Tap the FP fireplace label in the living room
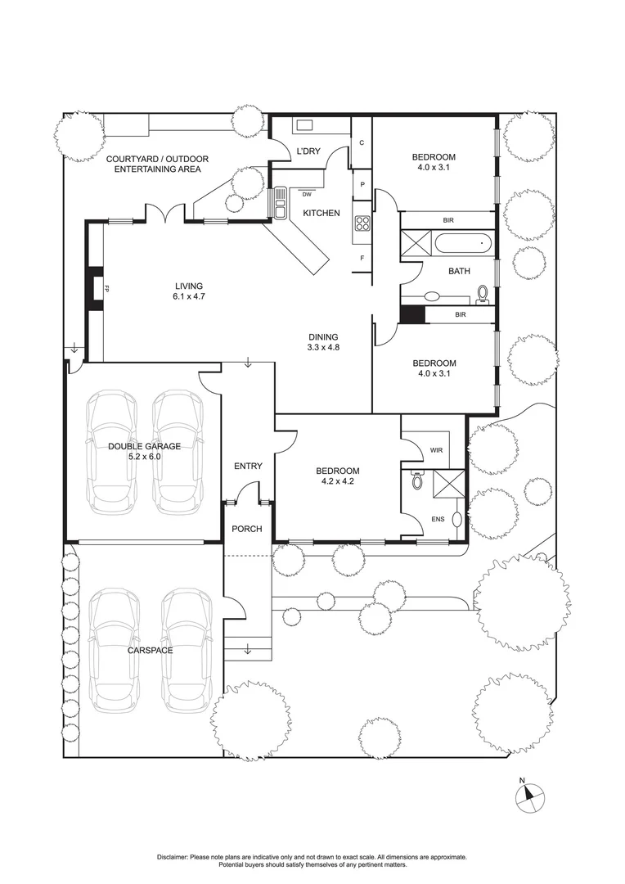(107, 288)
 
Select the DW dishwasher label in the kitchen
(307, 195)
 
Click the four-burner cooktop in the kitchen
(362, 223)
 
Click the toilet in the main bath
(482, 294)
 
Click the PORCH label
(247, 529)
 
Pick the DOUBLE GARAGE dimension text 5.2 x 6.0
(144, 457)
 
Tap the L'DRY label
(308, 151)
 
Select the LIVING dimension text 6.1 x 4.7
(188, 296)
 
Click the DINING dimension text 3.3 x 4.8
(323, 347)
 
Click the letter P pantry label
(362, 185)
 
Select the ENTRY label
(248, 466)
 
